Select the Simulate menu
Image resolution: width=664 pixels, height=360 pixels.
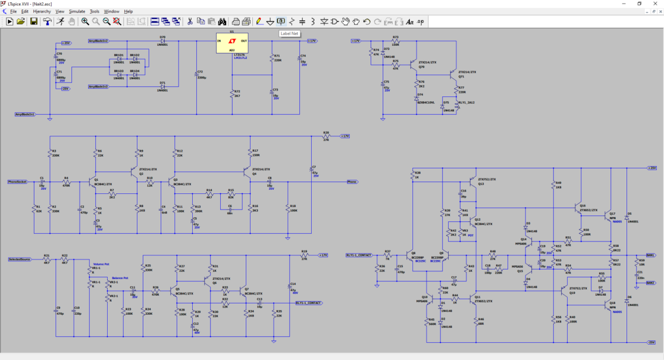tap(77, 11)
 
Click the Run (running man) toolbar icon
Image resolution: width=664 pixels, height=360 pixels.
tap(60, 21)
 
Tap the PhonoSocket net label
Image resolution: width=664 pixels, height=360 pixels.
tap(17, 181)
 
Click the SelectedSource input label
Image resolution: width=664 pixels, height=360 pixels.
tap(20, 259)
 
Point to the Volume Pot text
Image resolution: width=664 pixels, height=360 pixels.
tap(102, 264)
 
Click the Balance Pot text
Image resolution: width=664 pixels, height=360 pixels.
tap(120, 278)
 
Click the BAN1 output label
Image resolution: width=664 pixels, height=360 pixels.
tap(650, 255)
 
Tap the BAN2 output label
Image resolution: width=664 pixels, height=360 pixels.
tap(650, 283)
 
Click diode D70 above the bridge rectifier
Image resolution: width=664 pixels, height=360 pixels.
tap(162, 41)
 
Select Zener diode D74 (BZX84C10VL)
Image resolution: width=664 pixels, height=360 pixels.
tap(417, 98)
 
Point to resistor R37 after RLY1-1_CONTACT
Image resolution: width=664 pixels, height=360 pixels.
tap(387, 255)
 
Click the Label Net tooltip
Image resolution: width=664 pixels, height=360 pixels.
tap(290, 34)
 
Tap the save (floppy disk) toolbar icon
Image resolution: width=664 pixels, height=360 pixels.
tap(33, 21)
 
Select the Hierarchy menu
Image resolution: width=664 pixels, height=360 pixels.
tap(42, 11)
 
